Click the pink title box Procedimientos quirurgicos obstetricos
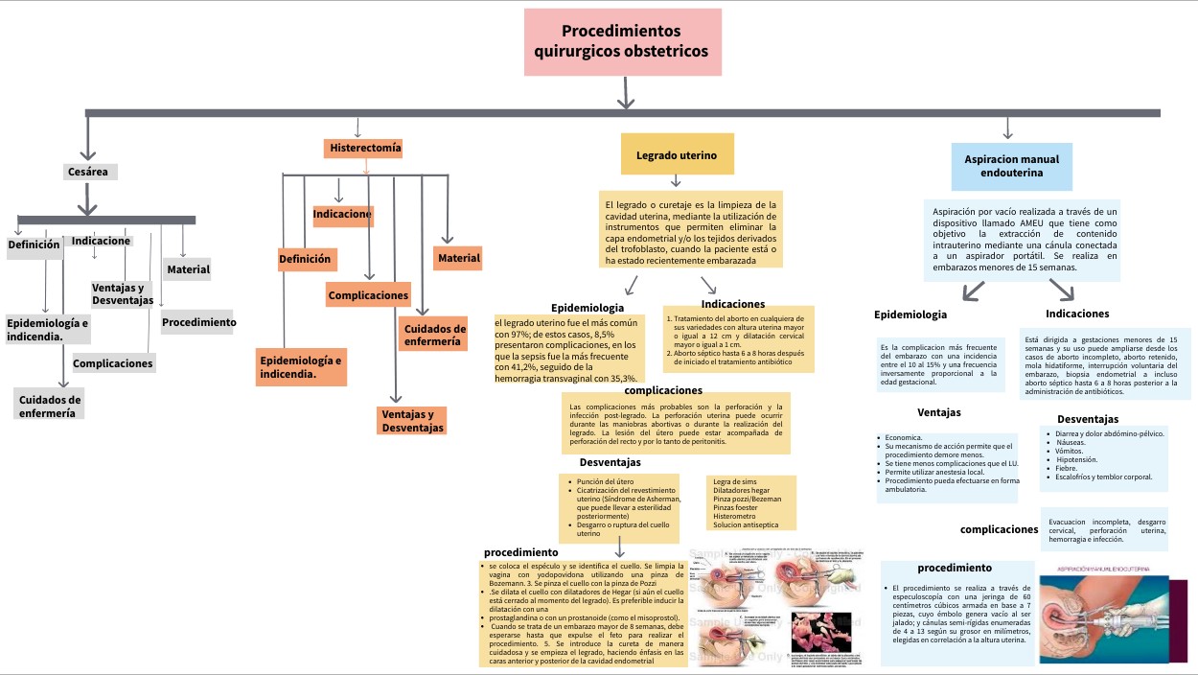click(621, 42)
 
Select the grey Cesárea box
click(88, 172)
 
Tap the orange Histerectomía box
click(364, 149)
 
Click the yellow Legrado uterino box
click(676, 154)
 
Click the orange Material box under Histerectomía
click(458, 258)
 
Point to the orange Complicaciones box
click(368, 295)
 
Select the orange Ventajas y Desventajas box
click(412, 421)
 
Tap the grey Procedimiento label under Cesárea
click(198, 322)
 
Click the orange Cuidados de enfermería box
click(433, 335)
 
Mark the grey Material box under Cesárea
click(188, 269)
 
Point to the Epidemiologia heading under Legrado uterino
click(587, 308)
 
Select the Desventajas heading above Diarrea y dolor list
click(1087, 419)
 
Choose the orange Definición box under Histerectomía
click(305, 259)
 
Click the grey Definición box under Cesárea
click(35, 244)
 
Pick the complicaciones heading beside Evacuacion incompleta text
click(999, 529)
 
